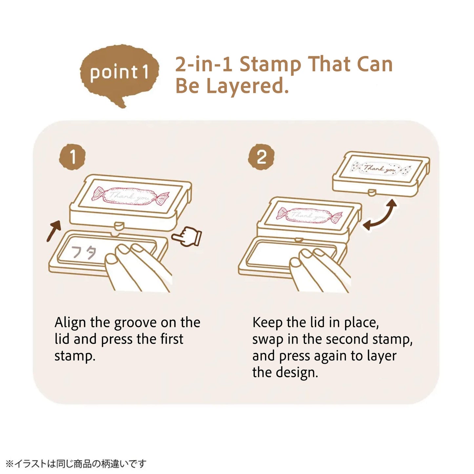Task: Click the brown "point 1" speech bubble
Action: coord(120,74)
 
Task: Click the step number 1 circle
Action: coord(72,157)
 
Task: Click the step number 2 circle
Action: coord(261,157)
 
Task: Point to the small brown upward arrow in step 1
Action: coord(53,231)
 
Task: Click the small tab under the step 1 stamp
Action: coord(119,225)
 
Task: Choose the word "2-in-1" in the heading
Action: coord(204,64)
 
